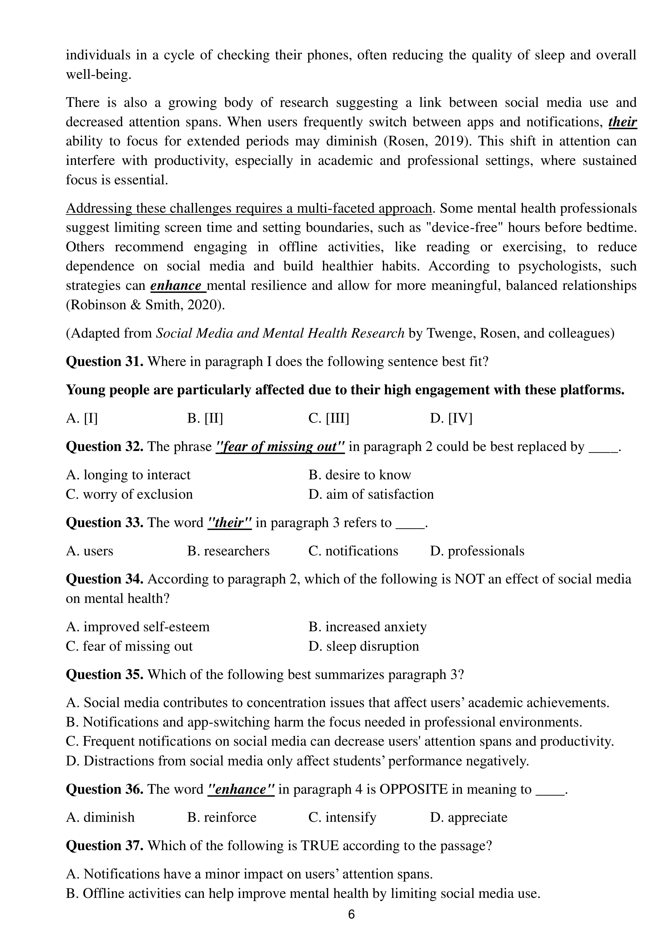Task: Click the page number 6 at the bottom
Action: [x=351, y=914]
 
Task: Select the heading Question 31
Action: [x=105, y=361]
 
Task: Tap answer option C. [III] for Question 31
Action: [x=328, y=418]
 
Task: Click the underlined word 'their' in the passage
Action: [x=622, y=122]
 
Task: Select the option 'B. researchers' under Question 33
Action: [x=228, y=551]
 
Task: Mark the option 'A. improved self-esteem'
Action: [x=138, y=627]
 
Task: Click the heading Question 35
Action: [x=105, y=674]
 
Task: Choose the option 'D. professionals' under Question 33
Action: [x=477, y=551]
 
